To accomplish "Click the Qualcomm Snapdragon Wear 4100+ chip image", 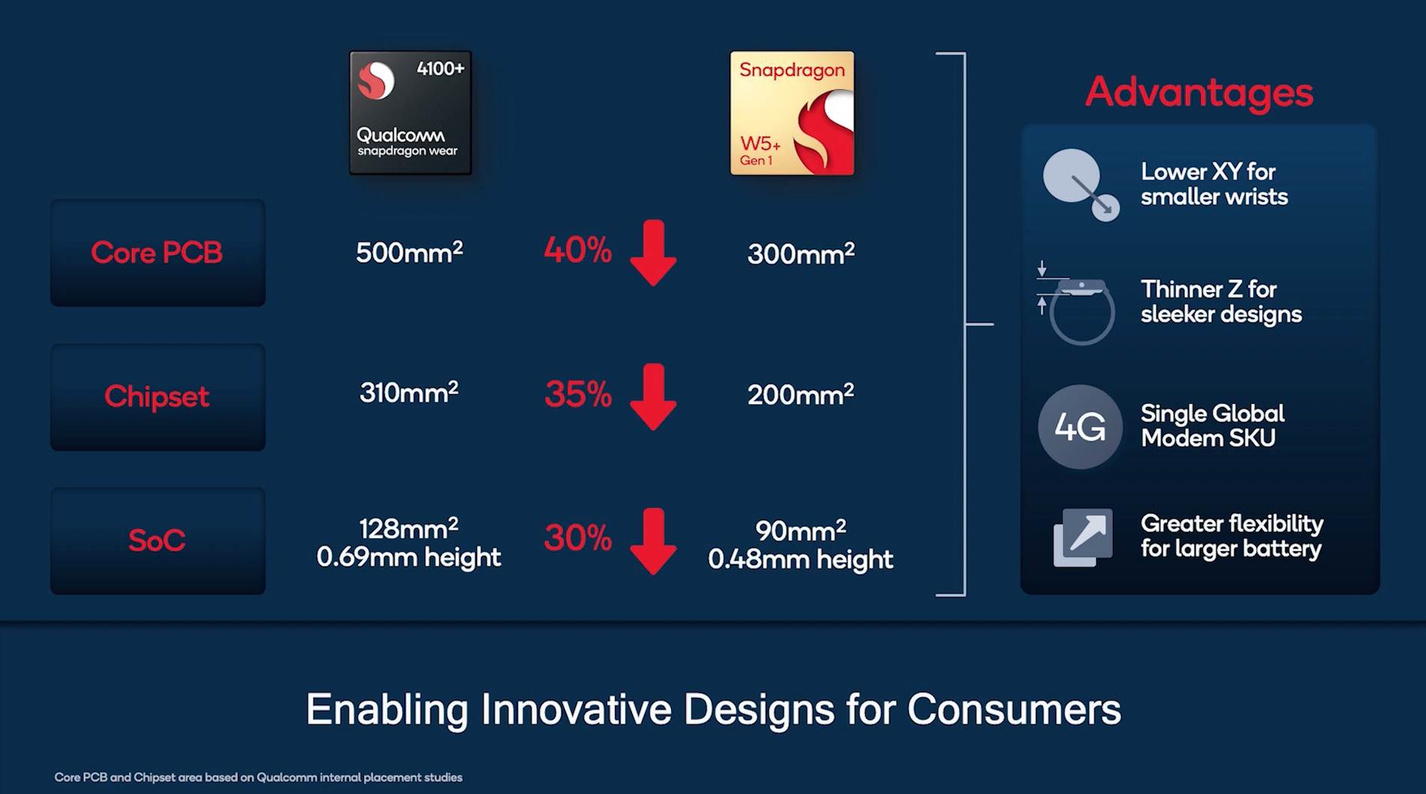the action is tap(410, 112).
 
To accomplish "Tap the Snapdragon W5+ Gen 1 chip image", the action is tap(792, 113).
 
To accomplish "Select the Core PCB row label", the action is tap(157, 253).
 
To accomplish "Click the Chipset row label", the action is tap(157, 397).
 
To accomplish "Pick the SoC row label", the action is tap(157, 540).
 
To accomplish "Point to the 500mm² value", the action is tap(409, 252).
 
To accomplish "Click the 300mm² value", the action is tap(801, 254).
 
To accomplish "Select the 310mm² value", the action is tap(409, 392).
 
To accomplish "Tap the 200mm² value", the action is tap(801, 394).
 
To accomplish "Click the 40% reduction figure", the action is tap(578, 250).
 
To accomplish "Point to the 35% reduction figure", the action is tap(578, 394).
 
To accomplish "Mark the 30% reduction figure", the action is tap(578, 537).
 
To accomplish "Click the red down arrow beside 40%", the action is tap(653, 253).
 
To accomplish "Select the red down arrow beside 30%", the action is tap(653, 541).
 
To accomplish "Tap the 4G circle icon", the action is tap(1080, 427).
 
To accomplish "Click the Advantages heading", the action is tap(1199, 93).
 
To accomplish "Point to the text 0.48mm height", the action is tap(800, 560).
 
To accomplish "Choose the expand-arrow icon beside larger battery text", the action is tap(1083, 538).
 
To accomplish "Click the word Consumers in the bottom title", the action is tap(1014, 709).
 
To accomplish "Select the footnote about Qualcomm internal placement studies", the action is tap(258, 778).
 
